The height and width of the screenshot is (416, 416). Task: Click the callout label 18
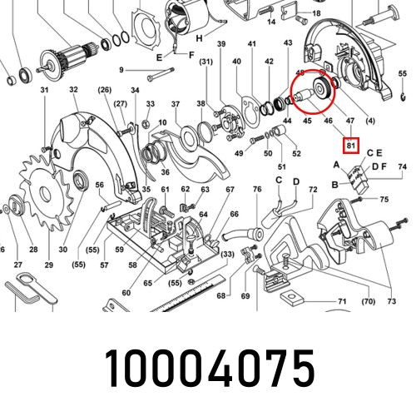click(x=315, y=14)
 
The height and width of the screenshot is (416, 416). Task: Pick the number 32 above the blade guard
click(x=73, y=89)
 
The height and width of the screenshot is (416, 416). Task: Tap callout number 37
click(x=176, y=104)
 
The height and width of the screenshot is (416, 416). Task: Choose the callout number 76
click(x=257, y=191)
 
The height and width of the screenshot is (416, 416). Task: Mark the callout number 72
click(x=313, y=191)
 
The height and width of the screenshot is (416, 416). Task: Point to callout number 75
click(x=384, y=201)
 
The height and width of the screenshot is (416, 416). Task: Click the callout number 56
click(x=99, y=185)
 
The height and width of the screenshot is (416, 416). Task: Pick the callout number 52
click(x=296, y=154)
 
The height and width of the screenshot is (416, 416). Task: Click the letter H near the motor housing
click(x=198, y=39)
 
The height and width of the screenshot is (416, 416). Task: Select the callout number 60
click(x=126, y=292)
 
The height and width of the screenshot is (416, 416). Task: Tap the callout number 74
click(x=402, y=167)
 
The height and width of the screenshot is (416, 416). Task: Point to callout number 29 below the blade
click(x=49, y=265)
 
